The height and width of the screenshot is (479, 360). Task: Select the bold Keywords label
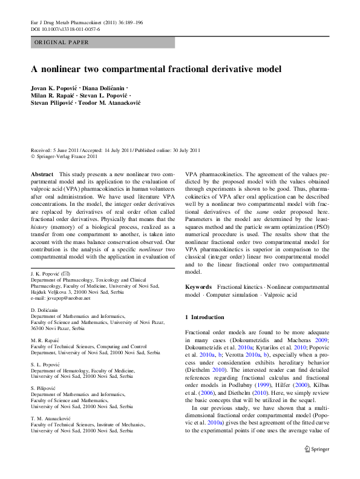(x=198, y=286)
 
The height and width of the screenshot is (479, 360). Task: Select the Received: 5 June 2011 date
(x=56, y=150)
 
